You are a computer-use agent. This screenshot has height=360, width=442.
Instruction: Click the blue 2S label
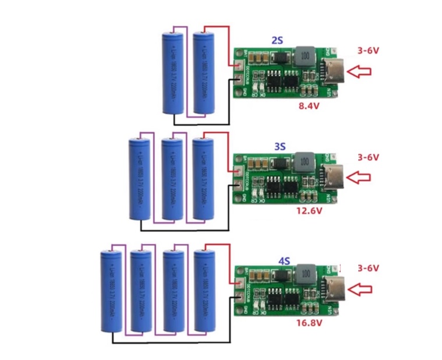pos(277,41)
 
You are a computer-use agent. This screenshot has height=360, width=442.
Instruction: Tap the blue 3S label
pos(279,146)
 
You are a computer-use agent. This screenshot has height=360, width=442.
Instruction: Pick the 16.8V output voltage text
pos(309,322)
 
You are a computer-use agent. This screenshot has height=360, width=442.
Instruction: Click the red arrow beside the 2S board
pos(359,72)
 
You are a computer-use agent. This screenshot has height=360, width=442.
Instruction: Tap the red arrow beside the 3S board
pos(359,177)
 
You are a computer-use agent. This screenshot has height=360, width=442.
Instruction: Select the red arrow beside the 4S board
pos(359,288)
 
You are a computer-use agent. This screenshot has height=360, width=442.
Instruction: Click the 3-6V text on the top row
pos(368,51)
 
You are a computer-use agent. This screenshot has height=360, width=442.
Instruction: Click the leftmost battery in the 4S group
pos(111,295)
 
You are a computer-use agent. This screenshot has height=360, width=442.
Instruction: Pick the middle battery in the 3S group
pos(172,179)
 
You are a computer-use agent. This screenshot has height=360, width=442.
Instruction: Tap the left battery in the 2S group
pos(173,75)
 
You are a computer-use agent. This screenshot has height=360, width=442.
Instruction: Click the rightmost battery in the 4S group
pos(206,292)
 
